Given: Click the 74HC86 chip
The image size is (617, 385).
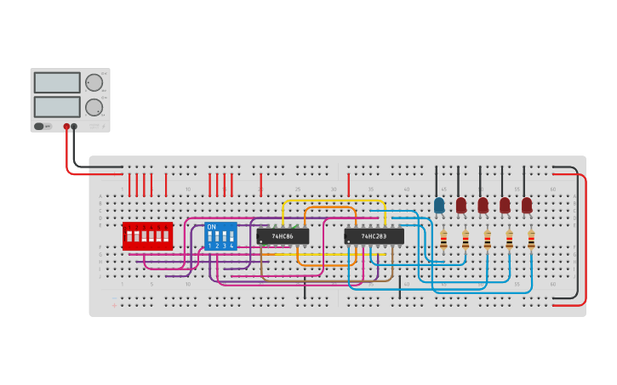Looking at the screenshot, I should (283, 236).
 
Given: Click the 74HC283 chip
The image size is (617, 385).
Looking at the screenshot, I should (374, 236).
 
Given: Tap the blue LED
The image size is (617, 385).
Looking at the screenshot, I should (439, 206).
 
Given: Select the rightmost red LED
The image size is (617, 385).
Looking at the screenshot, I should (527, 206).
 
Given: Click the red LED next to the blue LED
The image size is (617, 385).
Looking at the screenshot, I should (461, 206).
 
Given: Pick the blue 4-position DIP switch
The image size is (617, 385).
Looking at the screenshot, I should (220, 236).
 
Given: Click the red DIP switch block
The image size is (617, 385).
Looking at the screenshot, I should (147, 236).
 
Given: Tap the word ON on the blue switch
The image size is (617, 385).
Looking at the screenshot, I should (212, 227).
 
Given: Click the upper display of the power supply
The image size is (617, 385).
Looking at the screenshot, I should (57, 82).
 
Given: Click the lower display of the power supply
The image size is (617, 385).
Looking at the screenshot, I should (57, 107).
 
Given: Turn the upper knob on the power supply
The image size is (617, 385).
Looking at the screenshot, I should (93, 82).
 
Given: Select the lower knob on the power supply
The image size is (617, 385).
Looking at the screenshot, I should (93, 107).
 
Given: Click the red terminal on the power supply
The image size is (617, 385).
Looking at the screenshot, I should (66, 127).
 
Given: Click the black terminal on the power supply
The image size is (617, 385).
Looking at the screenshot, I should (74, 127).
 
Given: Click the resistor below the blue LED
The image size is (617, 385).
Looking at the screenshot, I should (443, 241).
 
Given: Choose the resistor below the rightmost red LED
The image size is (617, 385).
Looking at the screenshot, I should (531, 241).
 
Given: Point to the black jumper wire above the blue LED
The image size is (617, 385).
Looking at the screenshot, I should (437, 179).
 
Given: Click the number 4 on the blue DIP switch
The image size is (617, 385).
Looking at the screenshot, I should (231, 246).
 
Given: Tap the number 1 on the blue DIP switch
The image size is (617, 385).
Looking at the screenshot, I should (209, 246).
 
